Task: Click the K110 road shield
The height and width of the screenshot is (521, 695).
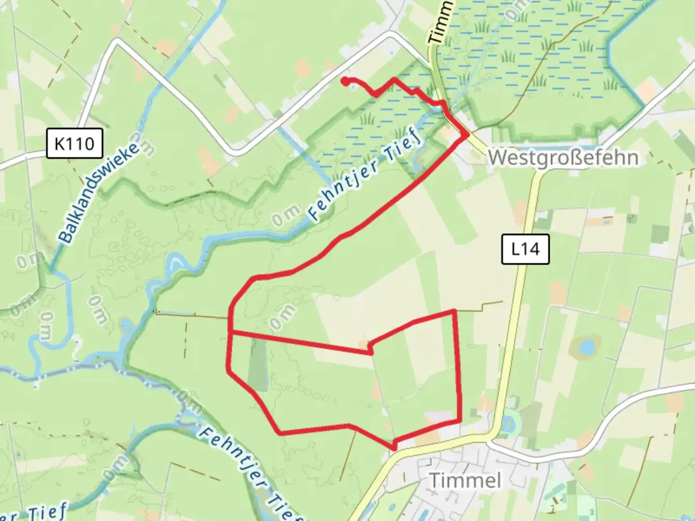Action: [x=74, y=143]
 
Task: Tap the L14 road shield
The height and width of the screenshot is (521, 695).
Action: [x=525, y=249]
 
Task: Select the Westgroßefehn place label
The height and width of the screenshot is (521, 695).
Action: [x=563, y=158]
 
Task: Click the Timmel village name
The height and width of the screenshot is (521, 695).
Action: [x=465, y=480]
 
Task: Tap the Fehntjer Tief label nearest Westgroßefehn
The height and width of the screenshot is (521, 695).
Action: [x=365, y=178]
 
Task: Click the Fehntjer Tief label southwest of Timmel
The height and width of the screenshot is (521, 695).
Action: [x=251, y=475]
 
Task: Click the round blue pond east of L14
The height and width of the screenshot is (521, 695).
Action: [x=586, y=346]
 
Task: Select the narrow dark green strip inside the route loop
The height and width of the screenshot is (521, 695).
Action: [x=257, y=364]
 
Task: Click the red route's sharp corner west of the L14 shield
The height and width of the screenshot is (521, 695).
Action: [x=454, y=311]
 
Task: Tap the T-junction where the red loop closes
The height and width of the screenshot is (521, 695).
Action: [x=231, y=332]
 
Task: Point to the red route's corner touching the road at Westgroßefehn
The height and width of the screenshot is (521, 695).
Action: [x=466, y=135]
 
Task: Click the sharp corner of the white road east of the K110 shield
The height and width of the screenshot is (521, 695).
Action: [x=117, y=42]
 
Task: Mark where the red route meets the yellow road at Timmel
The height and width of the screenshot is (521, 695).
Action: [x=394, y=448]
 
